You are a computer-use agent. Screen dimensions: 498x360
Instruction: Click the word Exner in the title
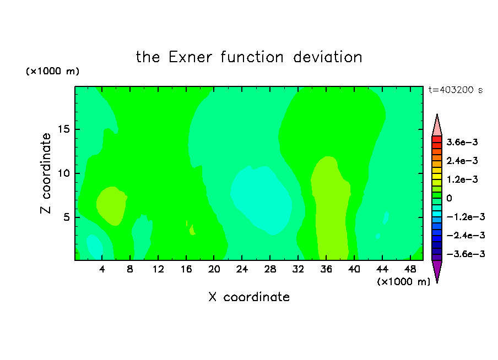[190, 57]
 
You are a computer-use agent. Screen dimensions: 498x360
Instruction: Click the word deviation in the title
[328, 57]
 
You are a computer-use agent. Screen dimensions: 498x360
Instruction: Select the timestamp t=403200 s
[456, 90]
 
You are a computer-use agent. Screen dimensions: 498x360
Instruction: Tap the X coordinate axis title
[250, 297]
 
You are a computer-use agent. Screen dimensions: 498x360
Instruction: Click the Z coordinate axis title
[46, 173]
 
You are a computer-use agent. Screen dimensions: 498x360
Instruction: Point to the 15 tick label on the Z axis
[64, 129]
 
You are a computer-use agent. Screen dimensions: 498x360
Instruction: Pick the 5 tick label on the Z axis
[66, 217]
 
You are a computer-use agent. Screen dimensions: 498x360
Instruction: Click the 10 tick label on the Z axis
[64, 173]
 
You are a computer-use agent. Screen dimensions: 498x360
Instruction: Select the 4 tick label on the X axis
[102, 269]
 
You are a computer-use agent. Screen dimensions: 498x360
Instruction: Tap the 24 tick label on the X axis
[242, 269]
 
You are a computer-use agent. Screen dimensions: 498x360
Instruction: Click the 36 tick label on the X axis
[326, 269]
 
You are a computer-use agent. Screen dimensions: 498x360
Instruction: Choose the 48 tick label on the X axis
[410, 269]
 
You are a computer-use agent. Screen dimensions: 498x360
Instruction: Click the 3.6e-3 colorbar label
[462, 142]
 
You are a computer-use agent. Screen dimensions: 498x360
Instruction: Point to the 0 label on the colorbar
[449, 198]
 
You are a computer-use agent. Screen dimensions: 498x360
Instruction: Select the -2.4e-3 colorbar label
[465, 235]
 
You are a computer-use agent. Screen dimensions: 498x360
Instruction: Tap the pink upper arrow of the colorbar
[437, 126]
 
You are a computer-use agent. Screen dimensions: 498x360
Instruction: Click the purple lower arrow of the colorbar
[437, 270]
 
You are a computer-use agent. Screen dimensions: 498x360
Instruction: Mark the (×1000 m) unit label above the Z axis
[52, 71]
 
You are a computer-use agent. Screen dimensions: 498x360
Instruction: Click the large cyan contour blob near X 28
[261, 199]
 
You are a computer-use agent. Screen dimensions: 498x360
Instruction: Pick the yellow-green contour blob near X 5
[112, 206]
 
